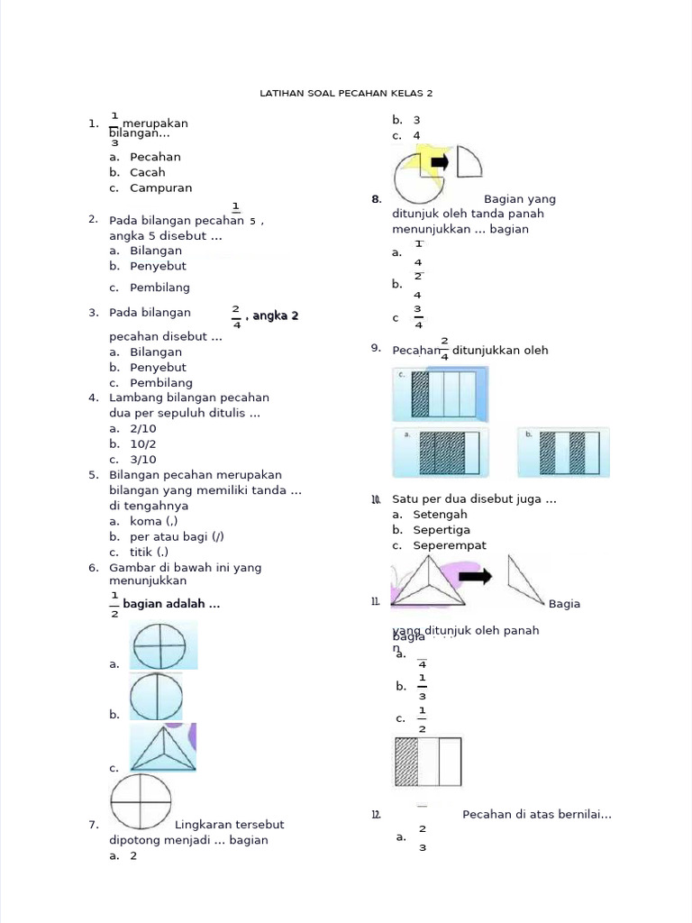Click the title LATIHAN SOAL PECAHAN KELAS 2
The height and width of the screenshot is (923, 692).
[345, 93]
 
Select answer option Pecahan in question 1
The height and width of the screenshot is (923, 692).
[155, 157]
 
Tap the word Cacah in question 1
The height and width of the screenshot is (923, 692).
[148, 172]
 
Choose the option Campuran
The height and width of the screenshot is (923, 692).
[160, 187]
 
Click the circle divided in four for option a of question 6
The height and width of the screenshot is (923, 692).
[160, 644]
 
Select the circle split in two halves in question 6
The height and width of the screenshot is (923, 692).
[157, 697]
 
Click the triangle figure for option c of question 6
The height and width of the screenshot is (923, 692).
[162, 748]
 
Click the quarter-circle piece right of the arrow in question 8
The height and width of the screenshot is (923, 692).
[468, 163]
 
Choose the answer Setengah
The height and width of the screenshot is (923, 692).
[440, 514]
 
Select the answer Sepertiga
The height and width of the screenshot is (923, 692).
[442, 529]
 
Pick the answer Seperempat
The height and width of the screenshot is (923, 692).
[450, 544]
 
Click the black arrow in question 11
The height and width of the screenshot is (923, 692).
[480, 577]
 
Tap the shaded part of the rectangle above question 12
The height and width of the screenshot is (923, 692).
[407, 762]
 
